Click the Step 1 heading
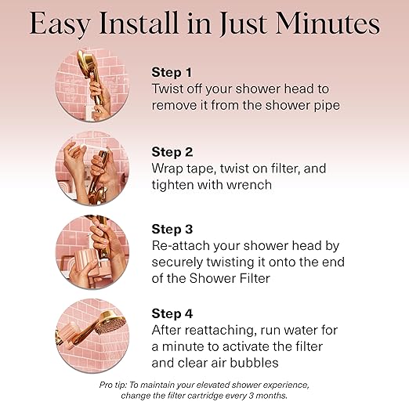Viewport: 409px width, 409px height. coord(172,72)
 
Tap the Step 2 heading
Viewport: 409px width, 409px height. coord(173,151)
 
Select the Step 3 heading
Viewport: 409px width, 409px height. coord(173,229)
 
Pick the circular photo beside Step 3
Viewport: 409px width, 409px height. coord(91,251)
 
